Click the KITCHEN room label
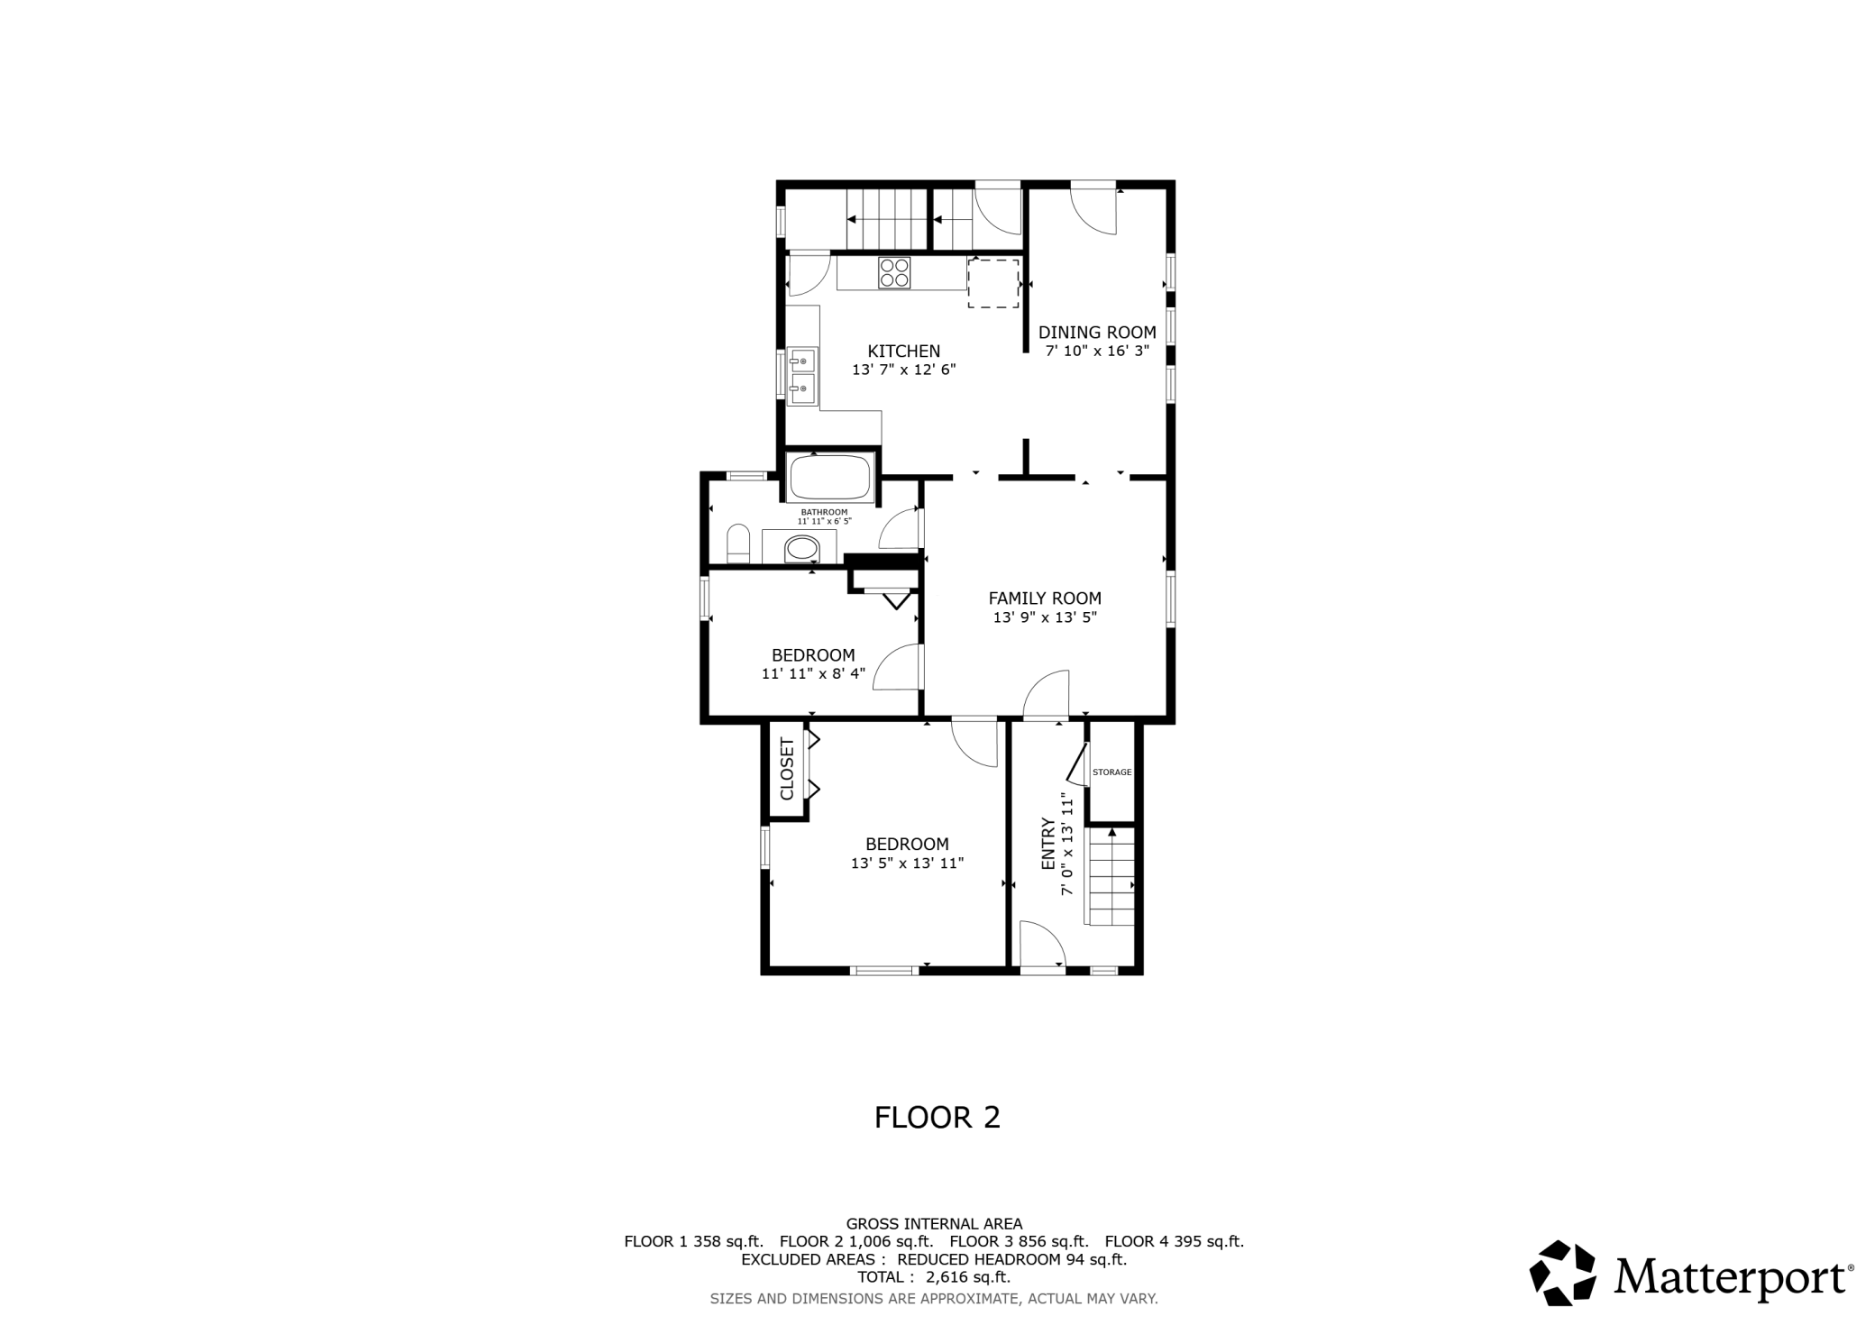click(x=903, y=352)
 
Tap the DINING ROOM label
click(x=1097, y=333)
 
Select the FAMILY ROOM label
click(x=1045, y=599)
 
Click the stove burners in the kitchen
click(x=895, y=273)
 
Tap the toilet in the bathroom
click(x=738, y=543)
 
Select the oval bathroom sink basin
click(x=801, y=548)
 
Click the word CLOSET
click(x=787, y=769)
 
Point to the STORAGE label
click(x=1111, y=772)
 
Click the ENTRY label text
click(x=1048, y=844)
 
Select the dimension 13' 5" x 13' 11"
click(x=908, y=864)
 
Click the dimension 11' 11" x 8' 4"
click(x=813, y=673)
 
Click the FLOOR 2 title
click(x=937, y=1118)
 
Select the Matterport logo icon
click(x=1562, y=1273)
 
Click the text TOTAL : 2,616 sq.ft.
click(x=934, y=1277)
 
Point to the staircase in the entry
click(x=1111, y=876)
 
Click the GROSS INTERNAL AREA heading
click(x=934, y=1224)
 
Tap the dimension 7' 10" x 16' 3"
click(x=1097, y=352)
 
